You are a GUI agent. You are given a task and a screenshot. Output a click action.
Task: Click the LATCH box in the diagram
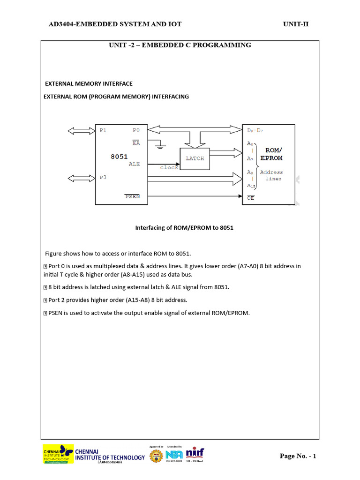tap(195, 158)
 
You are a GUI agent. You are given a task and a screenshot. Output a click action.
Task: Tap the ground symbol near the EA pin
tap(161, 146)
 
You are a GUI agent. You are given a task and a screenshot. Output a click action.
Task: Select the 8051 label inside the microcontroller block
tap(119, 157)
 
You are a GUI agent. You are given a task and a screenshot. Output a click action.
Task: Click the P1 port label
tap(103, 130)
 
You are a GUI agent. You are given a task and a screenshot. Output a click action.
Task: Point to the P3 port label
tap(103, 178)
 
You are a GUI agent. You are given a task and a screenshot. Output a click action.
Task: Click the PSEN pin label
tap(132, 196)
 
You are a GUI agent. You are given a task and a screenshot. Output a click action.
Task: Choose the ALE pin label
tap(134, 164)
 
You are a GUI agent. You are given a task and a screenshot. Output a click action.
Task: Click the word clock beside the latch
tap(169, 167)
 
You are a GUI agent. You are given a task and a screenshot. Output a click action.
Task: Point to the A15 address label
tap(252, 186)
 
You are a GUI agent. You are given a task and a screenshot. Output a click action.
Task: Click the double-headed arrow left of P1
tap(81, 130)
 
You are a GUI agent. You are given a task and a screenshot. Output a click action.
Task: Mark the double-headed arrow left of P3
tap(81, 178)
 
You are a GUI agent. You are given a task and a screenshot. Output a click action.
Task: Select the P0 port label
tap(136, 130)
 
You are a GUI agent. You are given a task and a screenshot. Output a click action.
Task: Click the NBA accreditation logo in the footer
tap(174, 455)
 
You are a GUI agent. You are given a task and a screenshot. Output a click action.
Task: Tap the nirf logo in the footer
tap(195, 454)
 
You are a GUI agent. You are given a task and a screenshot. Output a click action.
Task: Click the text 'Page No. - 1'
tap(298, 456)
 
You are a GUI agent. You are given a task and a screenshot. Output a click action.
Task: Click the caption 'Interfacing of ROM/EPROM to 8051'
tap(184, 228)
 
